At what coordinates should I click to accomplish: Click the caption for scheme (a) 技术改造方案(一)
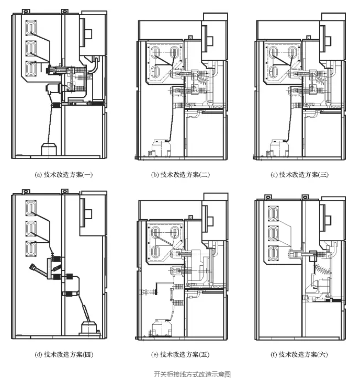coord(64,175)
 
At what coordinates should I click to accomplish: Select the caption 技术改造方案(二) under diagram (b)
coord(181,175)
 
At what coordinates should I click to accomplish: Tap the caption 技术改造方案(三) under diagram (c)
coord(299,175)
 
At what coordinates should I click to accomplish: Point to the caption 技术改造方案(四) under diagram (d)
coord(64,354)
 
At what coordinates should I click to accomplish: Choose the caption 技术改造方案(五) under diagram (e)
coord(181,354)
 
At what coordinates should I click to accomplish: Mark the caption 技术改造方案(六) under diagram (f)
coord(299,354)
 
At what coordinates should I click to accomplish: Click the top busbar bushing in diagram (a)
coord(31,28)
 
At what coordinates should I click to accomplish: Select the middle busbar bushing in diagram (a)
coord(31,48)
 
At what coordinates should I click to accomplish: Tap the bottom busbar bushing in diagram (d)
coord(31,249)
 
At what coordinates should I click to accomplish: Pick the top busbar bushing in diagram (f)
coord(273,213)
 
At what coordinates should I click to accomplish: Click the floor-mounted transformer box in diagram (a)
coord(49,149)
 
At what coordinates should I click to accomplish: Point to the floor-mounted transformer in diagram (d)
coord(89,328)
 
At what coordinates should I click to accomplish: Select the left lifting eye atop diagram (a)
coord(26,12)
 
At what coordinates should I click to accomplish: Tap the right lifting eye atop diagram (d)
coord(64,191)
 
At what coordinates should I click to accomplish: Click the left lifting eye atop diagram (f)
coord(268,197)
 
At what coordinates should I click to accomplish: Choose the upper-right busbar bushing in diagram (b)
coord(174,52)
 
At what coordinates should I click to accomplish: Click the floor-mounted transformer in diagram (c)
coord(279,148)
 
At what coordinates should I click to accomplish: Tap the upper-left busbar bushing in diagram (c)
coord(273,52)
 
